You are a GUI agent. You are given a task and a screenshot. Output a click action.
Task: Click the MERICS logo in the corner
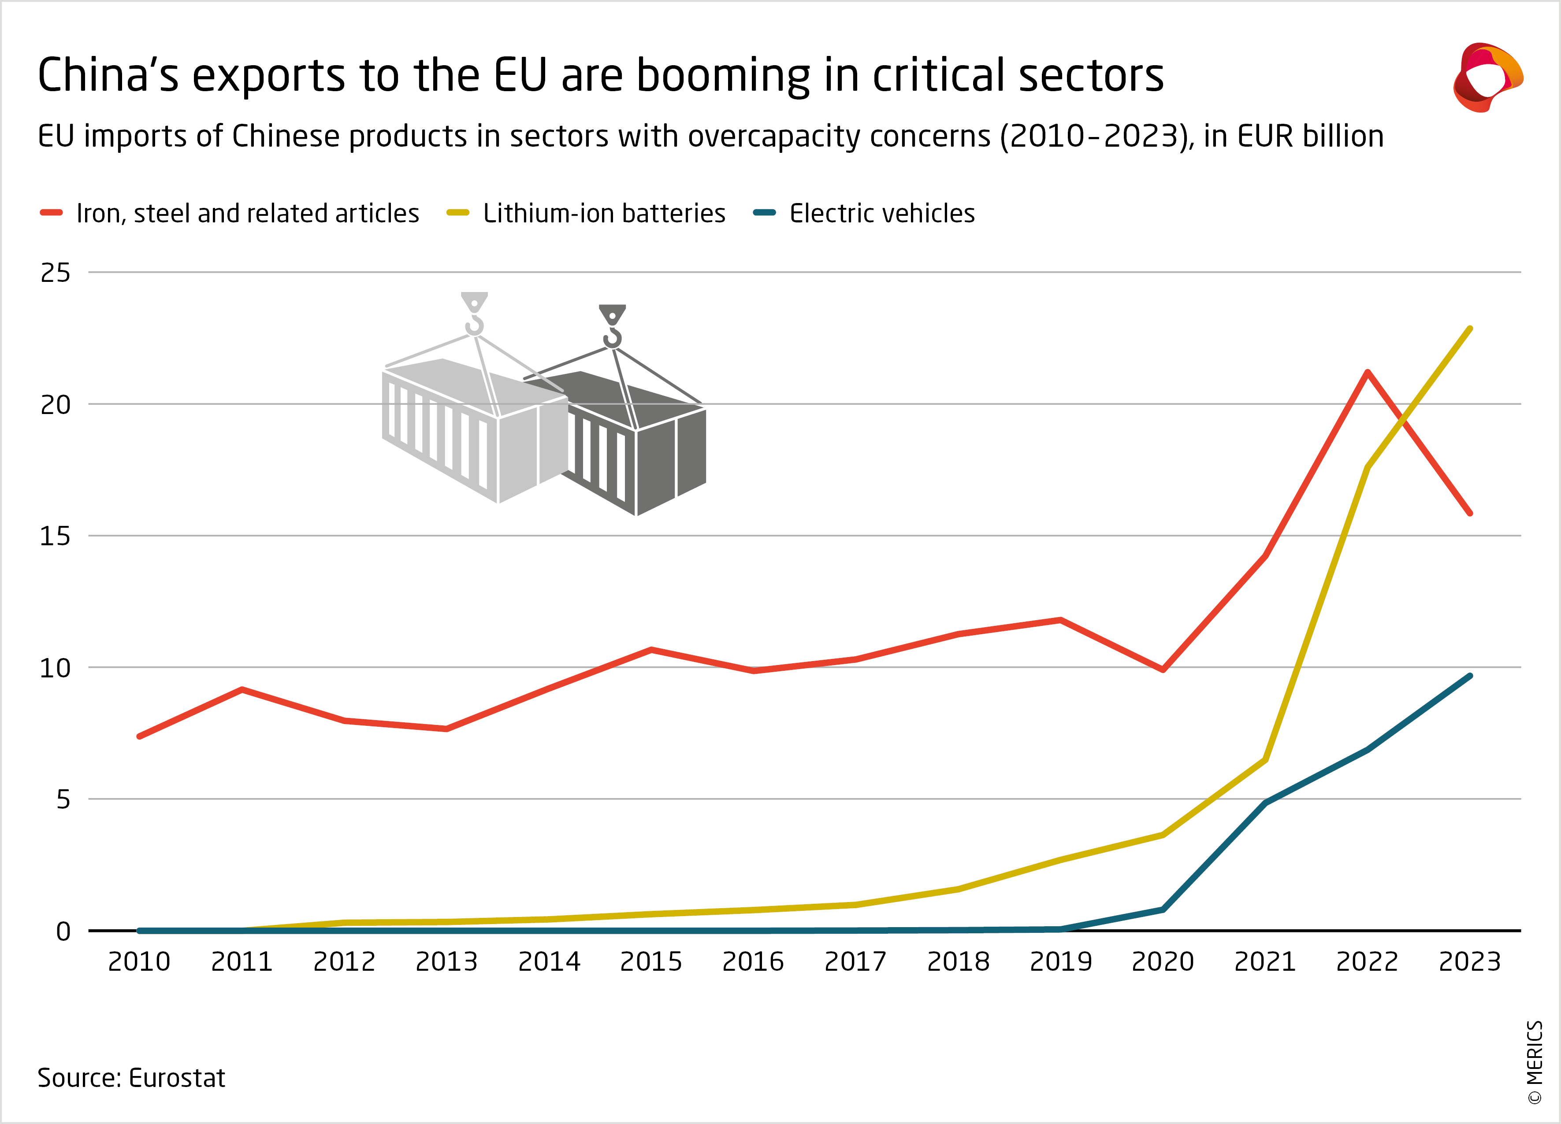(1487, 77)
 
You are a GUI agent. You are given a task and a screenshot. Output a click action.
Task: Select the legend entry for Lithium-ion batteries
(604, 213)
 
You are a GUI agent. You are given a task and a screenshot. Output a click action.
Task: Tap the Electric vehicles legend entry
(882, 213)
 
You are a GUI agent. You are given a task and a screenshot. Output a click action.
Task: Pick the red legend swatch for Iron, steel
(52, 213)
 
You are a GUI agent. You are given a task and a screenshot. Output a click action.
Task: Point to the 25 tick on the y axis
(56, 273)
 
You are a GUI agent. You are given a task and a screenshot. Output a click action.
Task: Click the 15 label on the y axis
(56, 536)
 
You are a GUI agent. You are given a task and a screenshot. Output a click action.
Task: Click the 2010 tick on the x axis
(139, 961)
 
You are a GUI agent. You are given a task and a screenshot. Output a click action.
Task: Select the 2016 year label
(753, 961)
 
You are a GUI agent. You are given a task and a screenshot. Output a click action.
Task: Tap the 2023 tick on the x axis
(1469, 961)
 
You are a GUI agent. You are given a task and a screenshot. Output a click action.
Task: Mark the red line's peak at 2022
(1368, 372)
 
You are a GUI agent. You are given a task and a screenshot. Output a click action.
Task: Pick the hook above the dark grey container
(612, 327)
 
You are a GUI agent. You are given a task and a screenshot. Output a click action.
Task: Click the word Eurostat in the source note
(177, 1078)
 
